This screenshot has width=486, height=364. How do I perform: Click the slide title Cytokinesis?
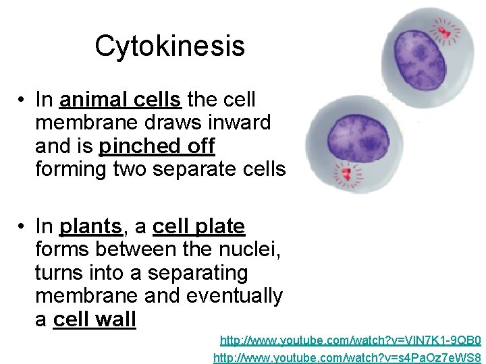[169, 47]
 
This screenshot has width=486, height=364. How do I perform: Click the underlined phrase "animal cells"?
[120, 100]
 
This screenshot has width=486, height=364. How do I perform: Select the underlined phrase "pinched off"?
[157, 146]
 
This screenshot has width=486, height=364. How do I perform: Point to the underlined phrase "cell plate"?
[198, 226]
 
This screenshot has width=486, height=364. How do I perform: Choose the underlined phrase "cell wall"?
[94, 319]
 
